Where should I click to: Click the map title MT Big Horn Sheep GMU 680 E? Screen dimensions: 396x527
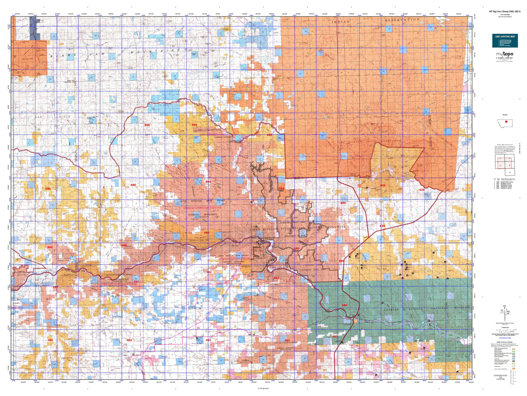(505, 12)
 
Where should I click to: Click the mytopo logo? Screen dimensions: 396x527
(504, 54)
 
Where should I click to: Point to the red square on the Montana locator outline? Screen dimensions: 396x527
(506, 122)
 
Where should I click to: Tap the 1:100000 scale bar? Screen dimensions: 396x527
(504, 328)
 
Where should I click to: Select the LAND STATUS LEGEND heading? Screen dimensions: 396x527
(504, 342)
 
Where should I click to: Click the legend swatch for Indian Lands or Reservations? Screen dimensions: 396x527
(514, 369)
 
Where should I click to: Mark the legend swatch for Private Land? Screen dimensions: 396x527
(514, 366)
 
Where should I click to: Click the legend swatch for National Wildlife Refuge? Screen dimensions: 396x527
(514, 354)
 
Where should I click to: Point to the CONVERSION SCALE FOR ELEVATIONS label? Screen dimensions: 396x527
(500, 377)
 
